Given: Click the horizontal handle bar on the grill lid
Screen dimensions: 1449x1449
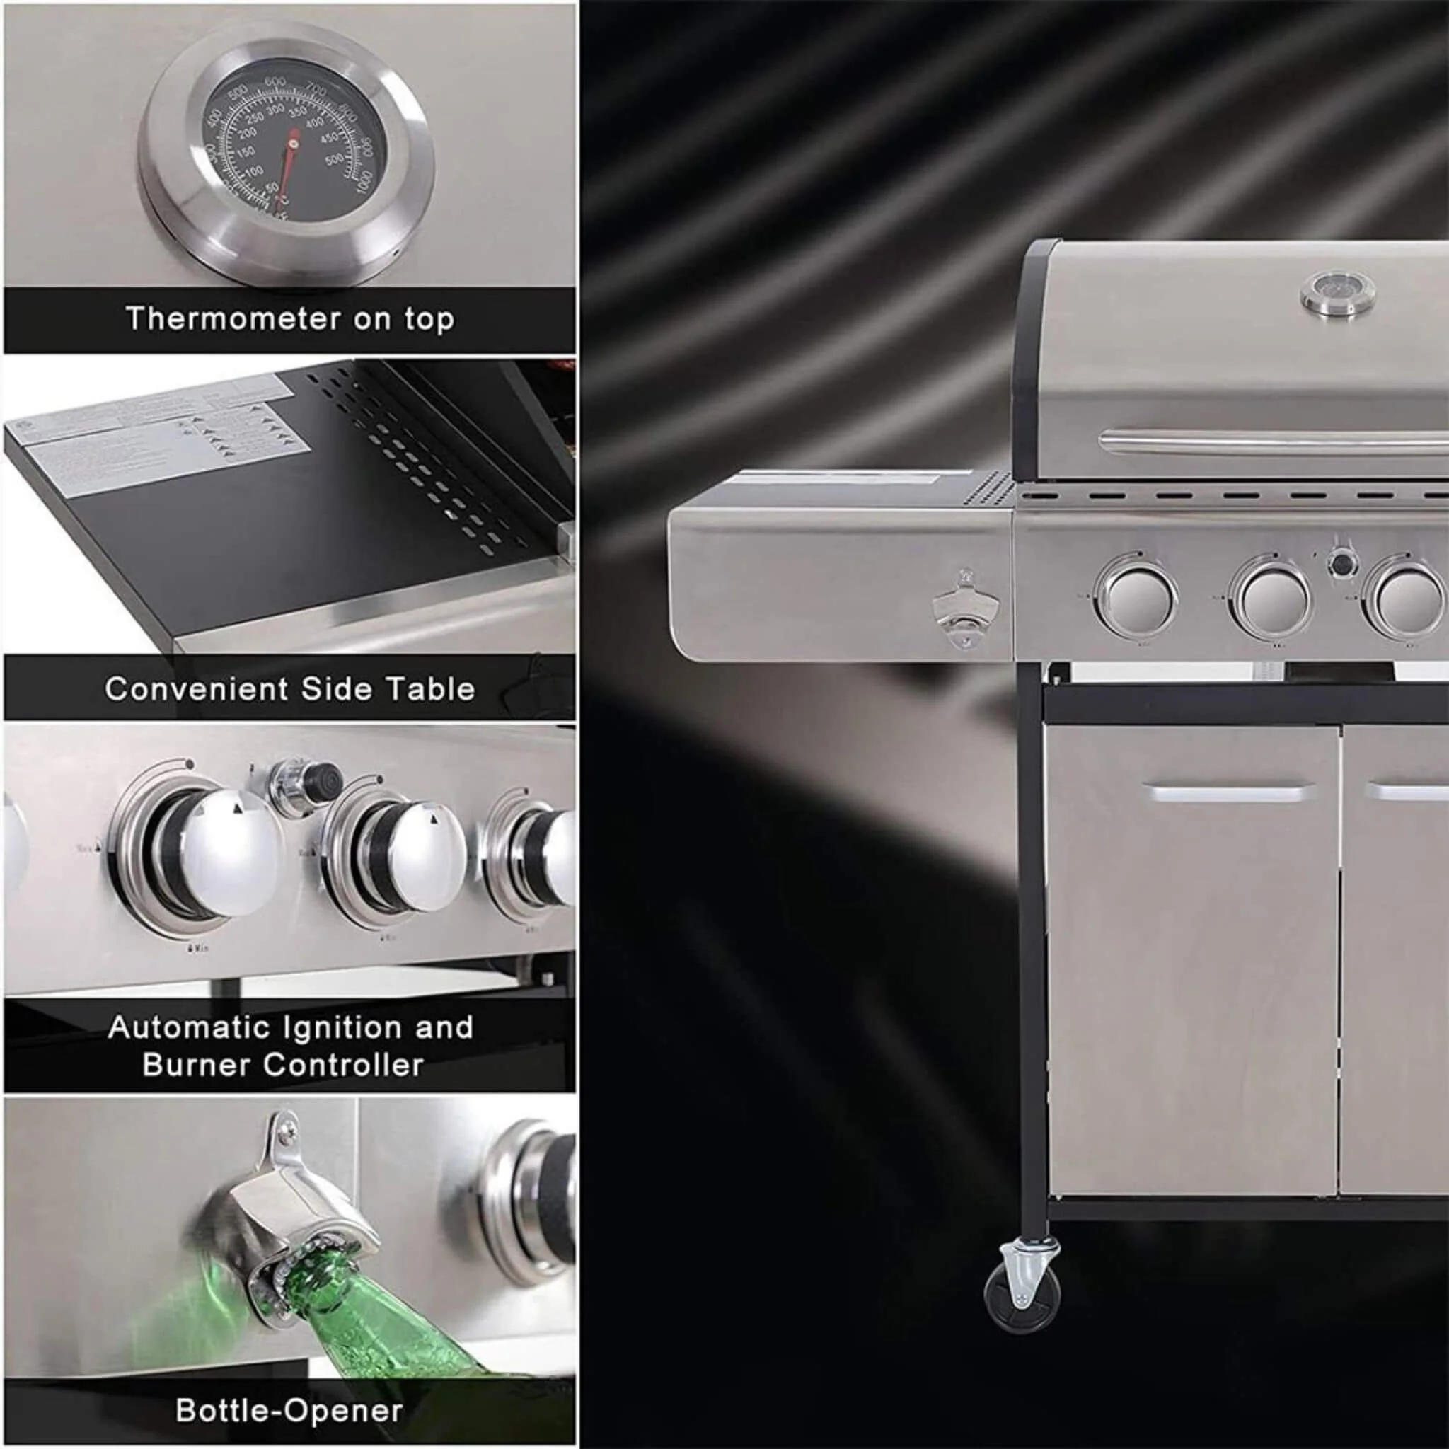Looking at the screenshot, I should coord(1275,443).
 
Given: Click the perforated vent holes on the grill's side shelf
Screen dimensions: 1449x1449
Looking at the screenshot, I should coord(990,490).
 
